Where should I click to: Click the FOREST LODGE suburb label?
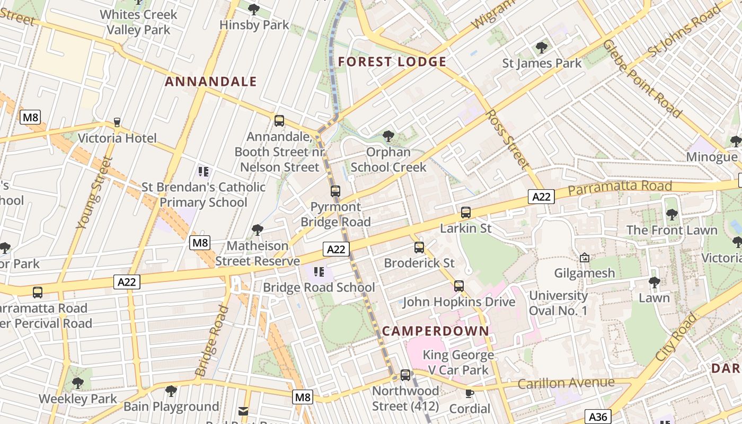(x=392, y=62)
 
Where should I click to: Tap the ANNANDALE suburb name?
(x=211, y=82)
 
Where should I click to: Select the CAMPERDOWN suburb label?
(x=436, y=331)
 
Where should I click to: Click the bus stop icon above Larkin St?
(x=466, y=213)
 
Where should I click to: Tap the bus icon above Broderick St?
(x=419, y=248)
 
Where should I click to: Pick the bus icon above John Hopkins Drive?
(x=459, y=286)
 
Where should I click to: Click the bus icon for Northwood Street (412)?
(x=405, y=375)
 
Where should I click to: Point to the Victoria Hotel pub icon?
(x=117, y=123)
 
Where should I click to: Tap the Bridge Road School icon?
(x=319, y=272)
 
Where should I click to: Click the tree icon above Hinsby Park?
(x=254, y=9)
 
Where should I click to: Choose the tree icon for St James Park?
(x=542, y=48)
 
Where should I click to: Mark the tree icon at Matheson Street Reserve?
(x=258, y=230)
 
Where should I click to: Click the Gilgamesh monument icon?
(x=585, y=258)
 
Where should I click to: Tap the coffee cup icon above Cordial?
(x=469, y=393)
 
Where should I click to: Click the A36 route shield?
(x=598, y=417)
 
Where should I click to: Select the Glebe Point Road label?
(x=642, y=78)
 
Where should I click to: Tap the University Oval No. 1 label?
(x=558, y=303)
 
